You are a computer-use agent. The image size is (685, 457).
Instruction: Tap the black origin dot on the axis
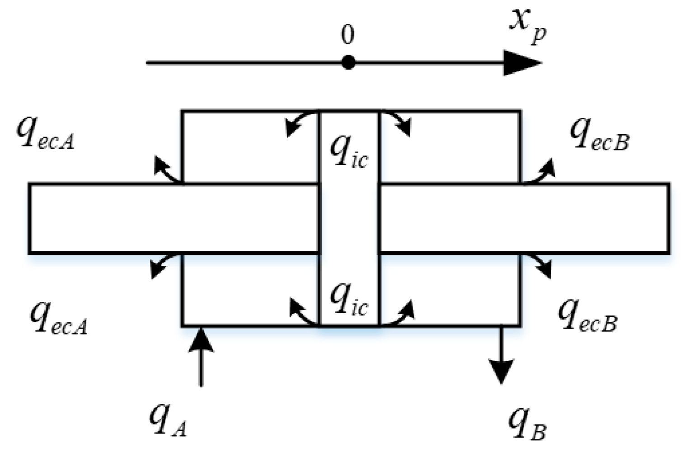click(x=347, y=62)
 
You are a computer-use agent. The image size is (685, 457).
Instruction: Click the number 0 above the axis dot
click(x=347, y=35)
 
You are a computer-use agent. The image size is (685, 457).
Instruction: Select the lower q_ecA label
click(x=58, y=318)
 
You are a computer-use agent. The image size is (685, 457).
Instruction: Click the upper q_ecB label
click(x=599, y=134)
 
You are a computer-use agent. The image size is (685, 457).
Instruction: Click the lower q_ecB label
click(x=587, y=317)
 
